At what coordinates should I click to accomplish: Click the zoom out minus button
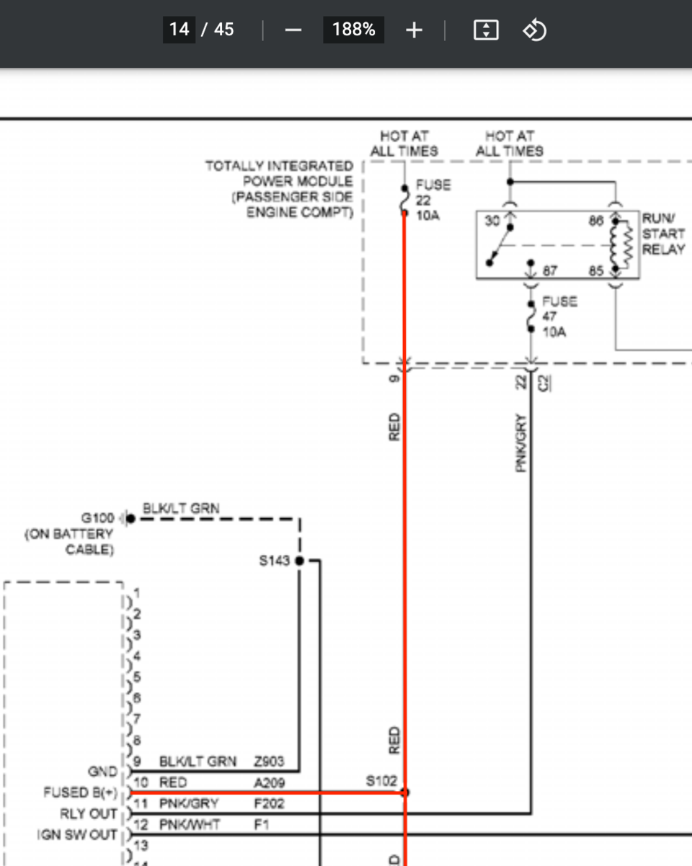click(x=293, y=30)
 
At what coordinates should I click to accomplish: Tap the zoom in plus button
click(x=414, y=30)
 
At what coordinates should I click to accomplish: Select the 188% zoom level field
click(x=353, y=30)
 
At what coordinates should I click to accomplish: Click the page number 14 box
click(x=179, y=30)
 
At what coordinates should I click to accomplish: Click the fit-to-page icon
click(x=486, y=30)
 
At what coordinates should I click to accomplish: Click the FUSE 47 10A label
click(x=559, y=316)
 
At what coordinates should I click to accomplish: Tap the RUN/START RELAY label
click(x=663, y=233)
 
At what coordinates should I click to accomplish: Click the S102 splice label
click(x=381, y=781)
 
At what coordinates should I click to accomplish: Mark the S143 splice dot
click(x=299, y=561)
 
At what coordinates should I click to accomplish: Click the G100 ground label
click(x=97, y=518)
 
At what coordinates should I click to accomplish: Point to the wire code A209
click(x=269, y=783)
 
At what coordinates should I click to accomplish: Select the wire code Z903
click(x=269, y=761)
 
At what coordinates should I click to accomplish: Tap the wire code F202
click(x=269, y=803)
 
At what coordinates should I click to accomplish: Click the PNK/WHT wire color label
click(x=189, y=824)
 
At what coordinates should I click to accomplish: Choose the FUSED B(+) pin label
click(x=80, y=793)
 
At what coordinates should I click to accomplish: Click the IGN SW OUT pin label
click(x=77, y=835)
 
